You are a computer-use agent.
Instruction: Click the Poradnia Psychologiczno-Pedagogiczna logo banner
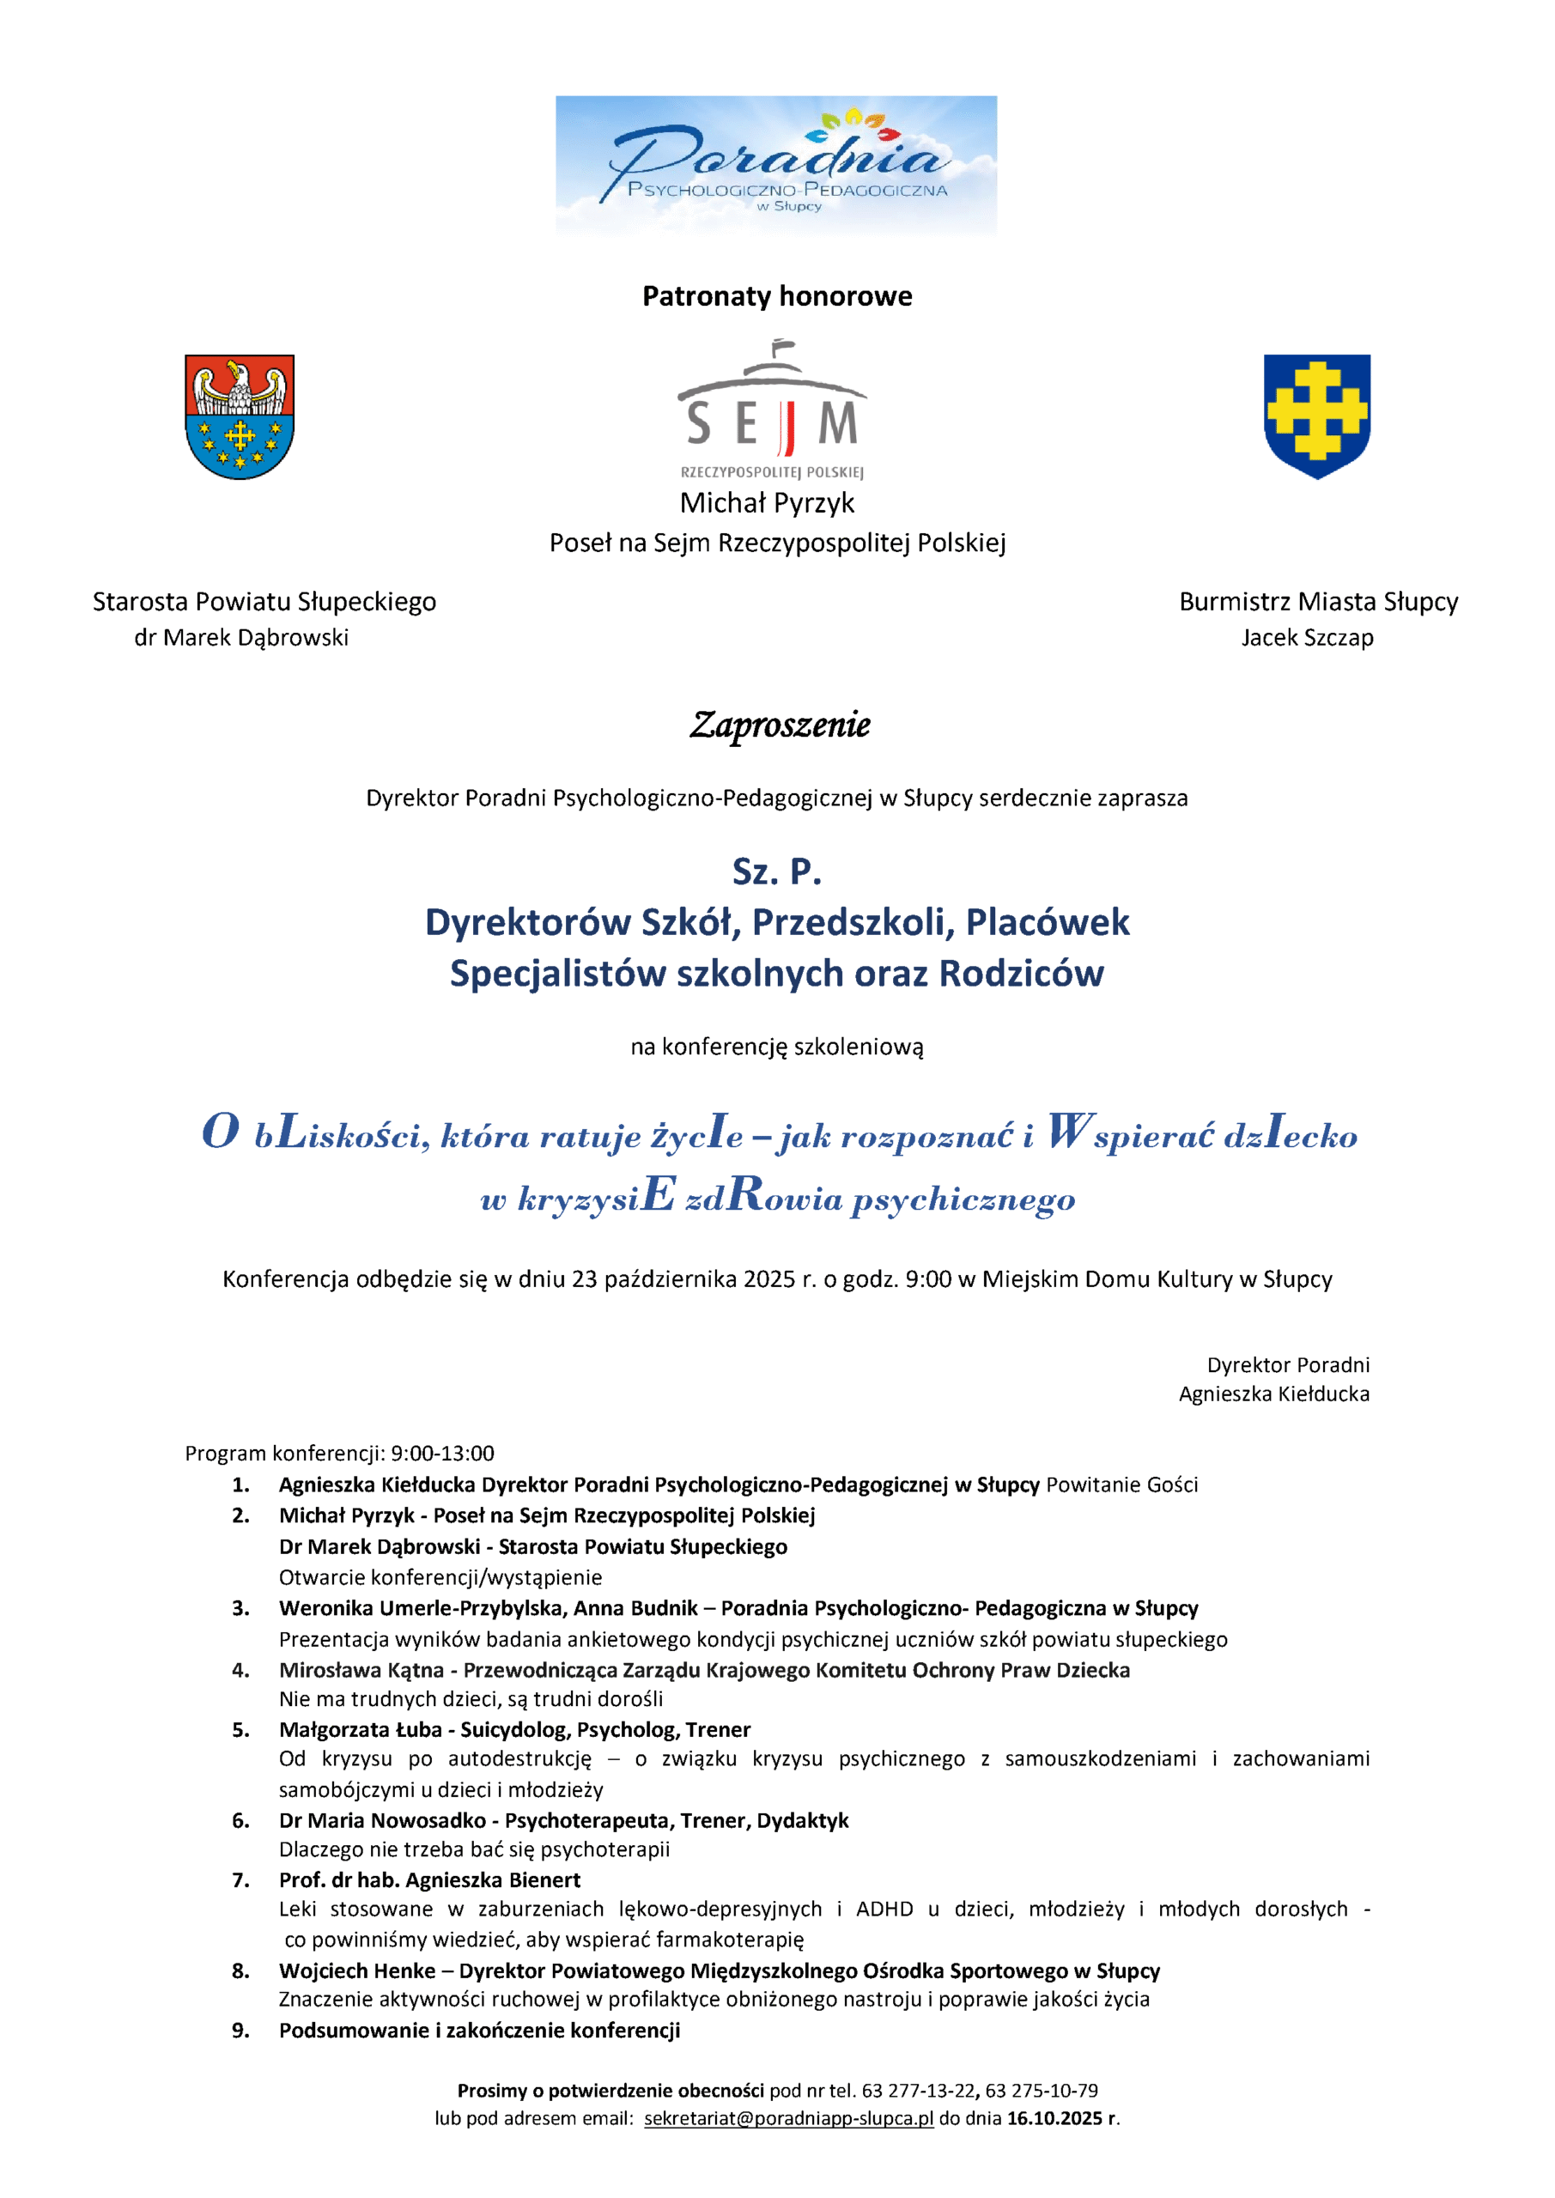775,165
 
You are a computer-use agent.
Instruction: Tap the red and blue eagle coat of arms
240,416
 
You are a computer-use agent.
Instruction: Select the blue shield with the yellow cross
1316,416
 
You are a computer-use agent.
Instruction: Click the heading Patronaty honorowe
776,296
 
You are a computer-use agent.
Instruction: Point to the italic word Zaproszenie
780,725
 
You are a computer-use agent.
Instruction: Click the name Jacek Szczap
1307,638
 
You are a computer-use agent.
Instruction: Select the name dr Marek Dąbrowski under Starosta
241,638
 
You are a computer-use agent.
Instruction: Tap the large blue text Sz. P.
776,871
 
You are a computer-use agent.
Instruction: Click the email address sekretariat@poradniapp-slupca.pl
788,2117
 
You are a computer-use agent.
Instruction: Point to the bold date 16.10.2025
1054,2117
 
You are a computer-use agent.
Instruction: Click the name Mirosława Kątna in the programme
361,1670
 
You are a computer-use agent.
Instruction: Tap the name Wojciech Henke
356,1970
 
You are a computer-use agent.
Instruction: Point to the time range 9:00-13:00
442,1454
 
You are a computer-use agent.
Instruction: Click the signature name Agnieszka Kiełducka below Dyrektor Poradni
1273,1393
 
